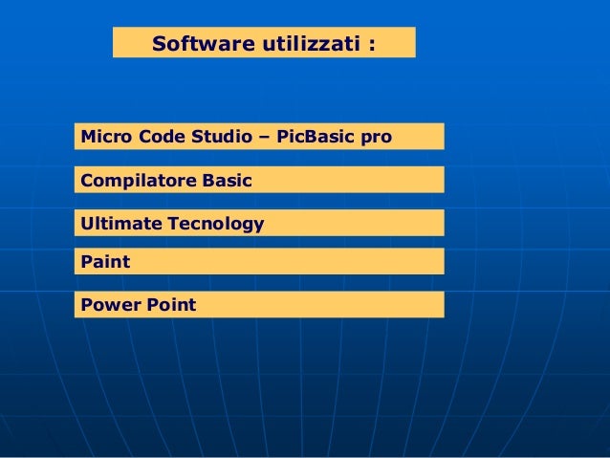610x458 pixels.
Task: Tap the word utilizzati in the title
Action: (x=305, y=44)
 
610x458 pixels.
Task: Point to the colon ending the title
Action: (x=369, y=45)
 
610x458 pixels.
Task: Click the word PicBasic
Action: (x=314, y=137)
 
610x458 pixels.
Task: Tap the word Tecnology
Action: (x=217, y=225)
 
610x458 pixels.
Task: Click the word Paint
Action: (x=105, y=261)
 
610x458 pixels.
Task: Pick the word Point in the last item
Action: (x=171, y=305)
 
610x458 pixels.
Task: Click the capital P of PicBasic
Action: (x=282, y=137)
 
